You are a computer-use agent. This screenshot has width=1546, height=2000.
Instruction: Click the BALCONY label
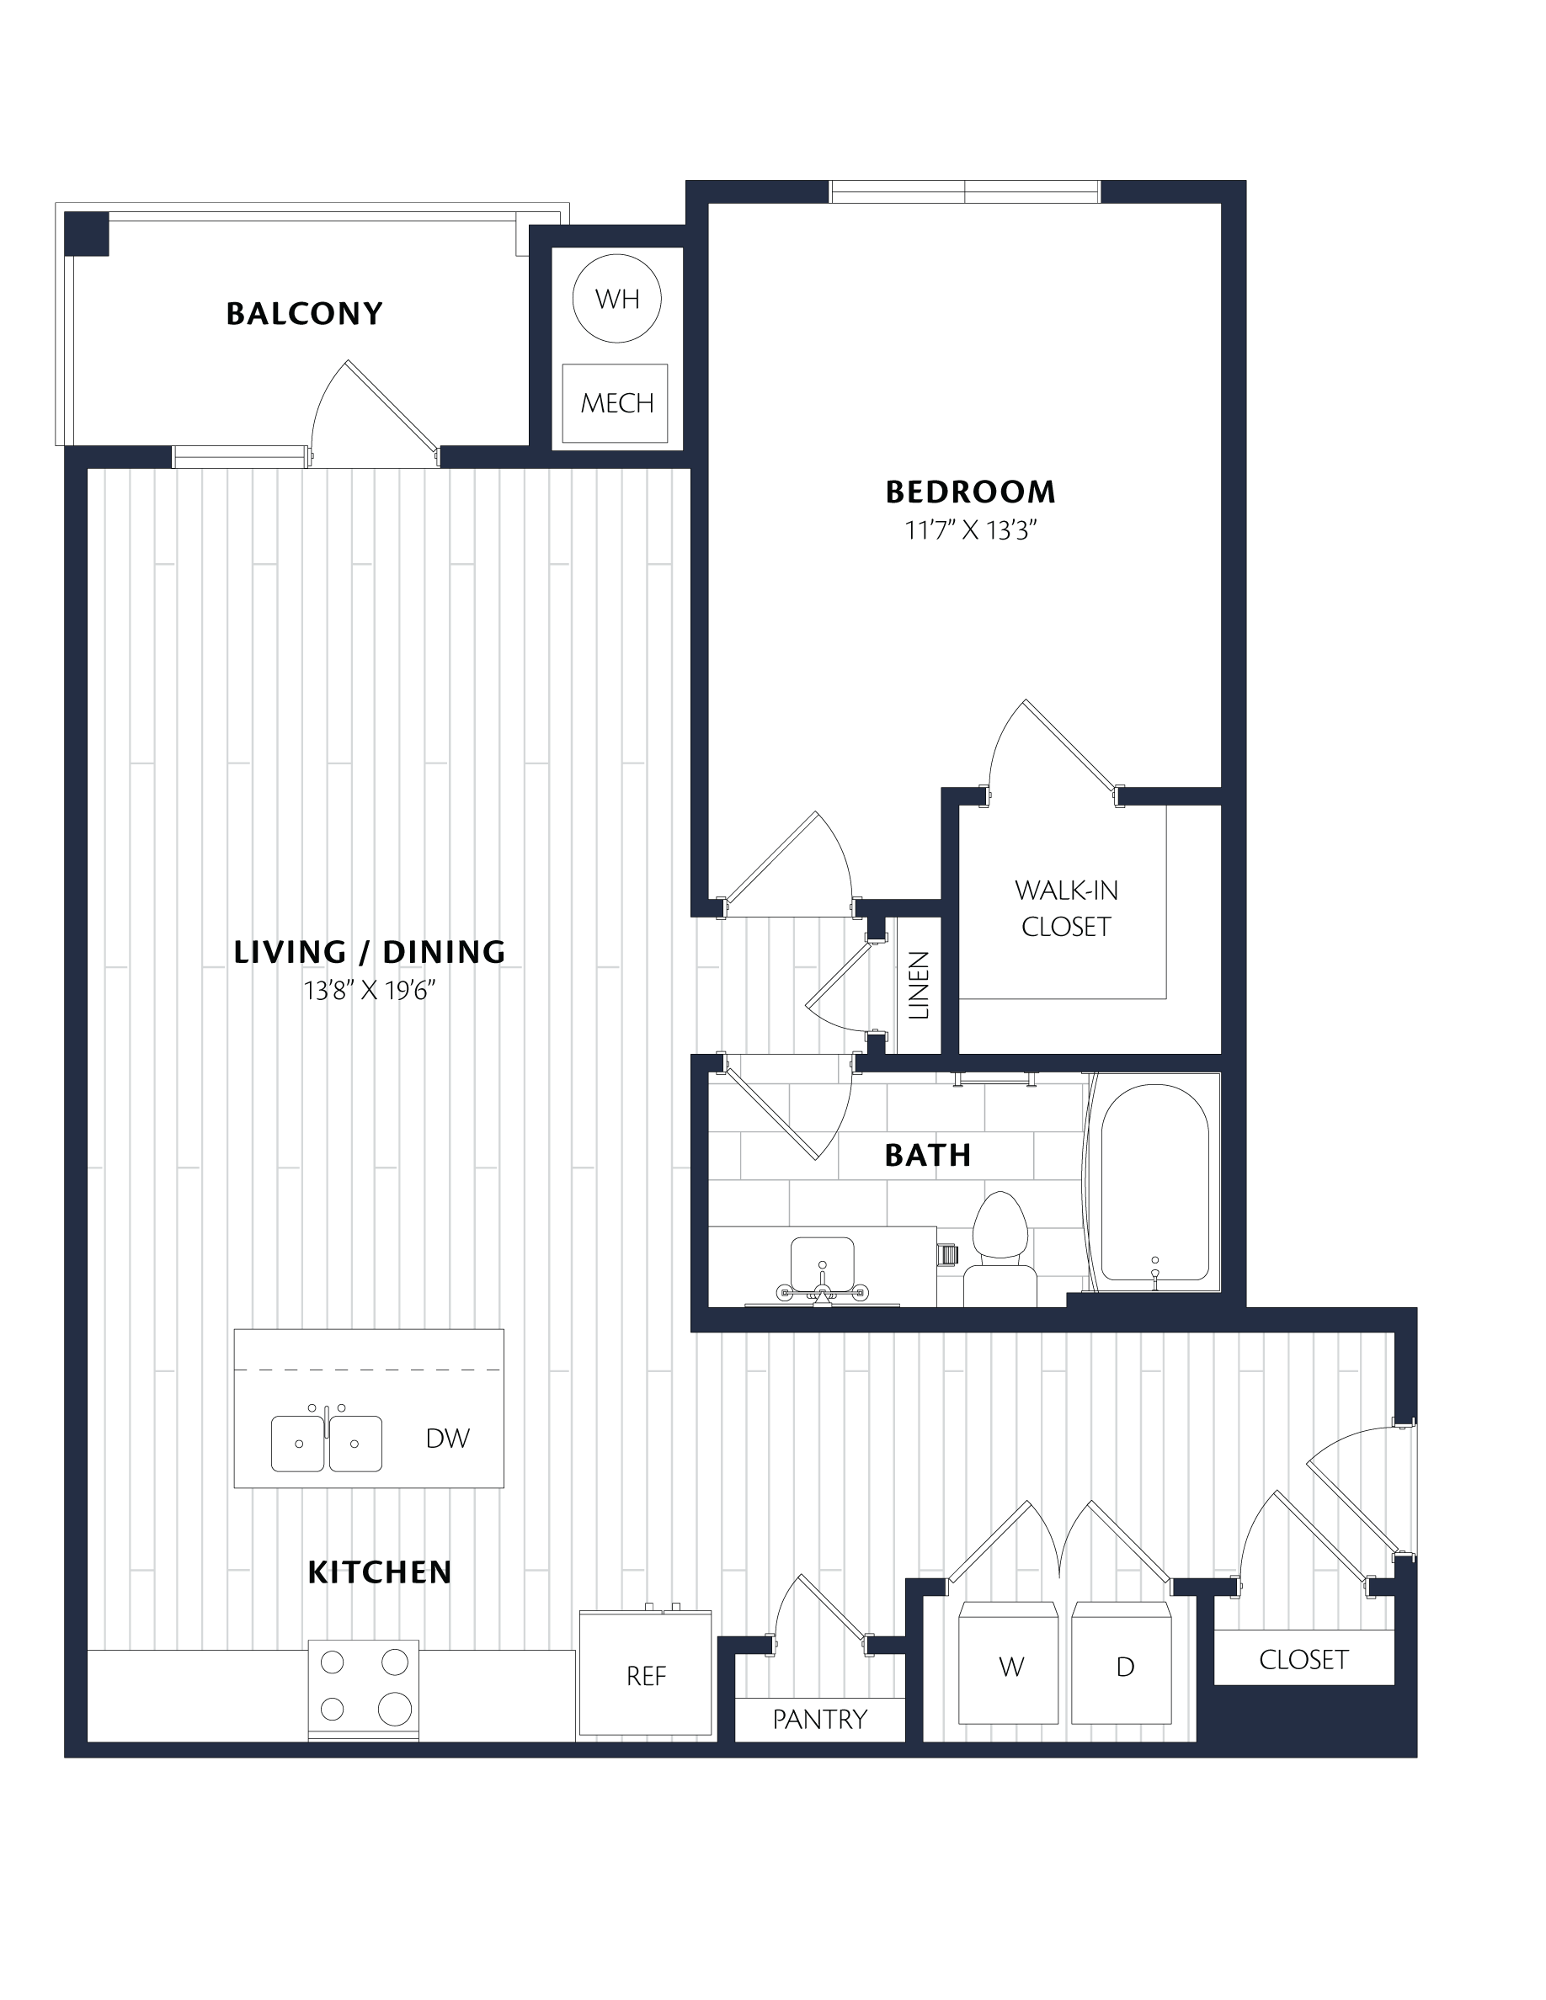click(304, 314)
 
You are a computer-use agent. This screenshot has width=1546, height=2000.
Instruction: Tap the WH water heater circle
click(616, 299)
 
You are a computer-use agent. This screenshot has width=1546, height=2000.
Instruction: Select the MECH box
click(615, 403)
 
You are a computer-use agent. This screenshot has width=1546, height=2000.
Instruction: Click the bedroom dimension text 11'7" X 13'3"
click(970, 530)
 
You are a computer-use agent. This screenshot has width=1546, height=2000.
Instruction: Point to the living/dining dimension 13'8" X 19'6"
click(370, 990)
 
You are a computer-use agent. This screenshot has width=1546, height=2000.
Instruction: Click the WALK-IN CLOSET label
click(1066, 907)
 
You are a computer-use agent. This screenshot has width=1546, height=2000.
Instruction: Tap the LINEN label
click(919, 986)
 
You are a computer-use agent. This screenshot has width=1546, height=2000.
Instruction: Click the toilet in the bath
click(1000, 1249)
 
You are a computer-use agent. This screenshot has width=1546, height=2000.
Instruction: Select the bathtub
click(1154, 1182)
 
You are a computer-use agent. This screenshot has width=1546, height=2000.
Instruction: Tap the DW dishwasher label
click(447, 1439)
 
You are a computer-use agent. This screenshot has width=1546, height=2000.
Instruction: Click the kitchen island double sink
click(326, 1442)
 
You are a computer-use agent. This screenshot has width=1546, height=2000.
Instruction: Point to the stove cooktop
click(364, 1690)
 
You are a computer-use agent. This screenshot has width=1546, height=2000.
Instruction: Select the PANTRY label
click(819, 1720)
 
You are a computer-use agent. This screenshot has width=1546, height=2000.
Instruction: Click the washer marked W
click(1009, 1663)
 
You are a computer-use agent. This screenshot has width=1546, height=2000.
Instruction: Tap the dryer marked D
click(1122, 1663)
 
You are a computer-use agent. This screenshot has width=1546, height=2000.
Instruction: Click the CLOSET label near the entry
click(1303, 1660)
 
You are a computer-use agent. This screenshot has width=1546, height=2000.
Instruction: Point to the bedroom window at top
click(964, 191)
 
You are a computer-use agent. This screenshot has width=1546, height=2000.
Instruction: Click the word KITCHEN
click(379, 1572)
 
